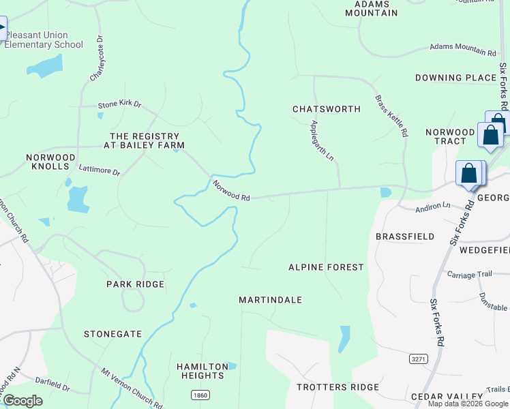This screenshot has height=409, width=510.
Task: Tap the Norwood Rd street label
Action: [230, 190]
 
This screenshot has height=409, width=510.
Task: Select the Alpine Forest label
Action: [326, 267]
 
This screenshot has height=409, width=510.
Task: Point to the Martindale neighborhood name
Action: [270, 300]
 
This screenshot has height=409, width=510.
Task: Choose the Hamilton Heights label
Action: [202, 371]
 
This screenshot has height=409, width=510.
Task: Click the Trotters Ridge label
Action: [337, 387]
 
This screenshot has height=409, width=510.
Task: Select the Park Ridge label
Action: [135, 284]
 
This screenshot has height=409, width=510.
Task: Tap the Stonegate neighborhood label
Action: [112, 334]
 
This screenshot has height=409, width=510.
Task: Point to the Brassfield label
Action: [405, 237]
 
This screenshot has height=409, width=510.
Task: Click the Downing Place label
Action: [455, 78]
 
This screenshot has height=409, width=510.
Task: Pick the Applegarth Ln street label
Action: [322, 141]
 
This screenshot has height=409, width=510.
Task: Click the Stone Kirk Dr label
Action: [119, 104]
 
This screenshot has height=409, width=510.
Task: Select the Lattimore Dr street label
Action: [99, 170]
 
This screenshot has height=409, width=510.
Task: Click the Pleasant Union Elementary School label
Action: [44, 40]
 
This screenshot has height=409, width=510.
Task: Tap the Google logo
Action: [22, 401]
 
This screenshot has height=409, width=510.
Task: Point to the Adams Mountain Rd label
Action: [462, 50]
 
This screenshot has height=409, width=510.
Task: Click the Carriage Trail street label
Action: [469, 274]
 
